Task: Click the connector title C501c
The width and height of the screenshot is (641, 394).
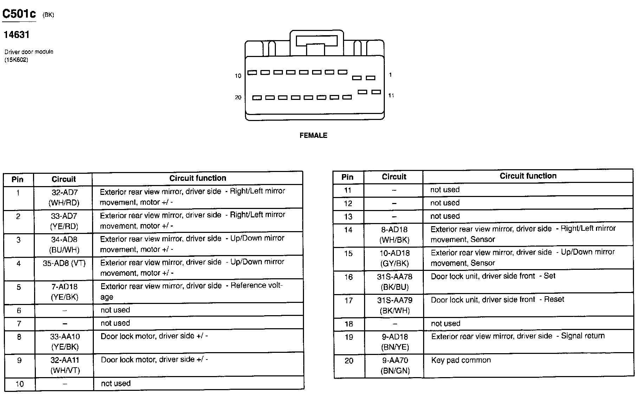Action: coord(19,14)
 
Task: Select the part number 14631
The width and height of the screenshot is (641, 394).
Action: coord(17,35)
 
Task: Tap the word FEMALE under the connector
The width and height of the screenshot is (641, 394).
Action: coord(313,135)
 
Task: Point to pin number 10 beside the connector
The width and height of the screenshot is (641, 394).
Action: coord(238,76)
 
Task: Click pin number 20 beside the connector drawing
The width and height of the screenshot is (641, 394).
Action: coord(238,97)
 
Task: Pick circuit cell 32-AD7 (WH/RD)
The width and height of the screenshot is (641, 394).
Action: coord(64,197)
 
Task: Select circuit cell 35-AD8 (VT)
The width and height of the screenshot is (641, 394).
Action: coord(64,263)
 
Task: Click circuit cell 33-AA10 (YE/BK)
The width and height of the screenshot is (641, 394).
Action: coord(64,342)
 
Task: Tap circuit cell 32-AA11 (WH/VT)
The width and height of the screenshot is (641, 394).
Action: coord(65,365)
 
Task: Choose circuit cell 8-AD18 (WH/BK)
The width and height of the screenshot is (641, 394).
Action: coord(394,235)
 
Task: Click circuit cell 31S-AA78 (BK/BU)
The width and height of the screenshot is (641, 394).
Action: coord(394,282)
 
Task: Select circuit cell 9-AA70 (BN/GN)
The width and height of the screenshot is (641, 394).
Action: coord(395,366)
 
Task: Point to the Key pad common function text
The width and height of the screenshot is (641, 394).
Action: coord(461,360)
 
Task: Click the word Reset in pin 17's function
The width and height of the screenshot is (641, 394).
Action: coord(554,299)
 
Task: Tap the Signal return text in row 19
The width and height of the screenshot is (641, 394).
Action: coord(583,336)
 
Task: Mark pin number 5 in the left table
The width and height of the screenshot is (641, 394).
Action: coord(19,287)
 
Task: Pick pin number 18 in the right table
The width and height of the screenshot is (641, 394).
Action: coord(348,324)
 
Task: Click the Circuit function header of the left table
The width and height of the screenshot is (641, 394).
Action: coord(198,178)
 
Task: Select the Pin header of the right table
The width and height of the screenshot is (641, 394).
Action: coord(347,177)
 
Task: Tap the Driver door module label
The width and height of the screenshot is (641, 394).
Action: coord(29,52)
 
